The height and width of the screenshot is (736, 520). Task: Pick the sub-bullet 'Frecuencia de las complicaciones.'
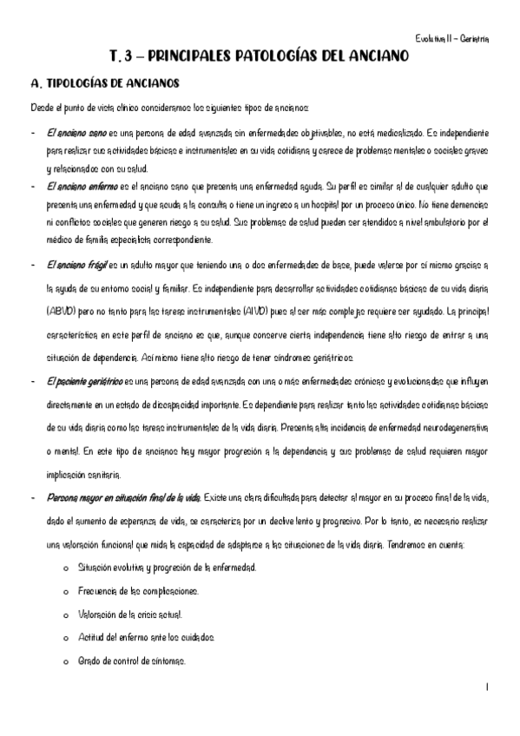click(138, 591)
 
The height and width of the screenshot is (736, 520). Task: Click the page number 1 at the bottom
click(488, 687)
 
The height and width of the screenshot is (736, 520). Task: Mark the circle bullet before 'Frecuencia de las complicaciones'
click(67, 592)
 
